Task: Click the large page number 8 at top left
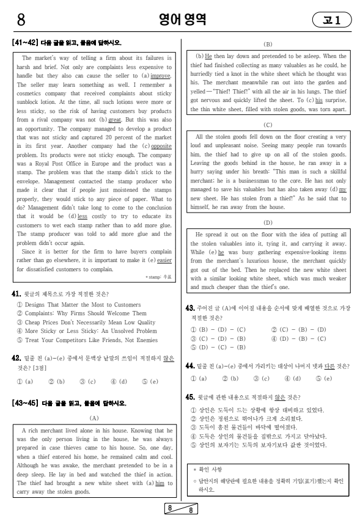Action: tap(20, 20)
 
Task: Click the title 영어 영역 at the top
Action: tap(180, 20)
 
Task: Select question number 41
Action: tap(17, 294)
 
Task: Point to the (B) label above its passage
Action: tap(268, 45)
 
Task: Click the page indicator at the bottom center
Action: tap(180, 509)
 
